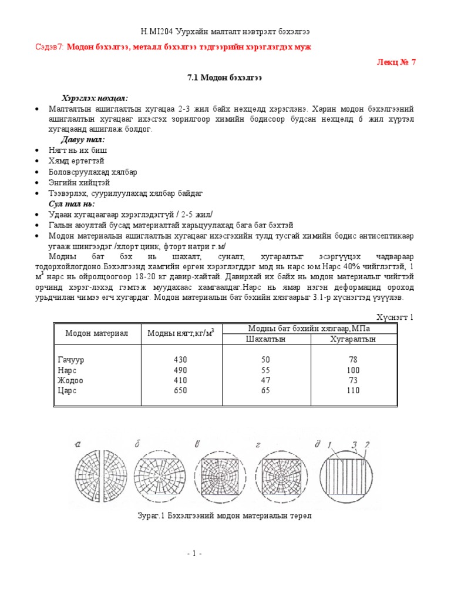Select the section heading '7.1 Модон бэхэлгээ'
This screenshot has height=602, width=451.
tap(225, 78)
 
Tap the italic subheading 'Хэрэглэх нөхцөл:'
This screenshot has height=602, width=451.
tap(95, 98)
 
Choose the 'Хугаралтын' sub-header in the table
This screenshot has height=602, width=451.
tap(353, 339)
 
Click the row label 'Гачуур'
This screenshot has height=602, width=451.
tap(71, 359)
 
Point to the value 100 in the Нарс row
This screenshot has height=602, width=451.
tap(353, 370)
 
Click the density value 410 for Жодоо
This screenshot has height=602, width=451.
tap(180, 380)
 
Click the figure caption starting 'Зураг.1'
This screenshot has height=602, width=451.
tap(225, 516)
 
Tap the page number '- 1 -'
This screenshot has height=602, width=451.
tap(194, 554)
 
